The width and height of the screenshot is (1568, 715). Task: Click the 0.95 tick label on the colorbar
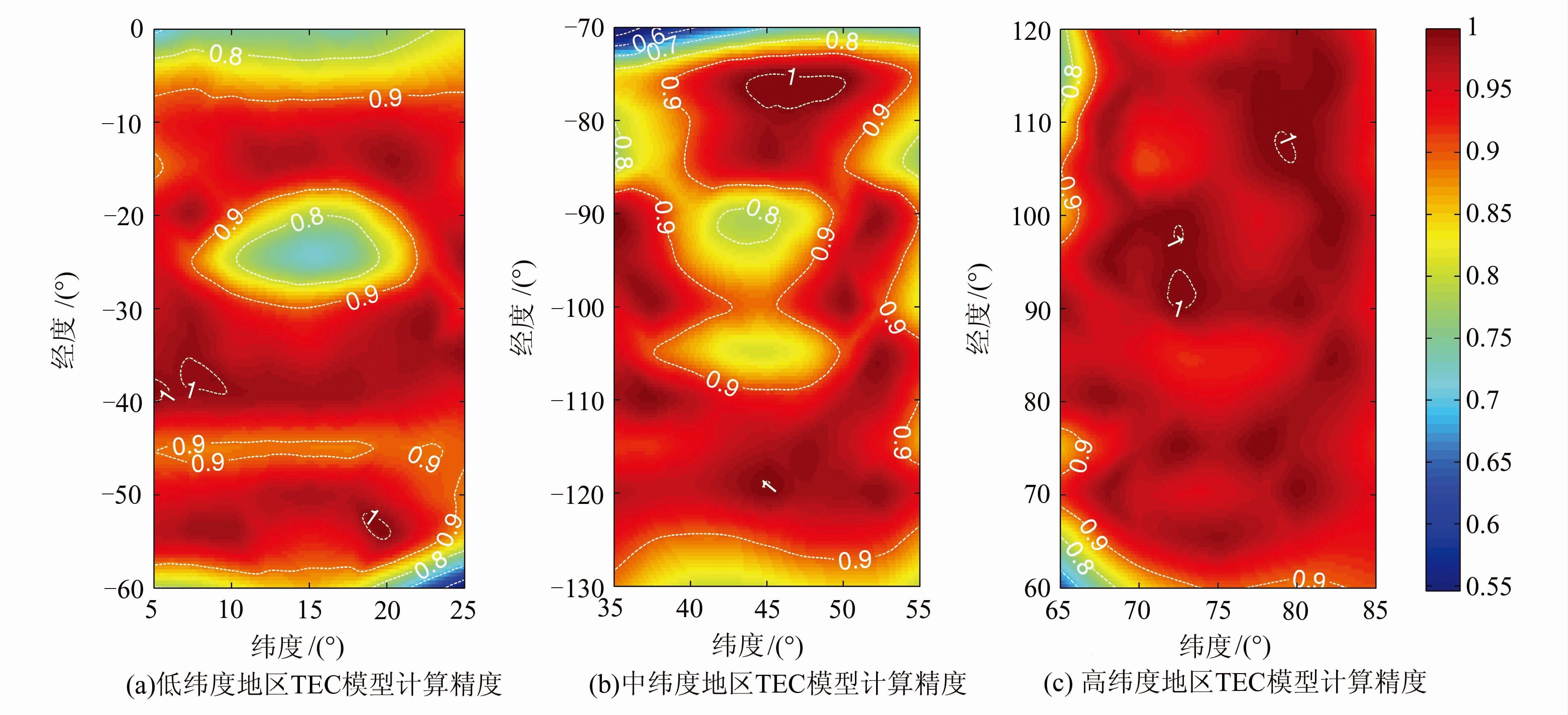[x=1488, y=90]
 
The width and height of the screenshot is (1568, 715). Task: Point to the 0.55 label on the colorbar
[x=1488, y=586]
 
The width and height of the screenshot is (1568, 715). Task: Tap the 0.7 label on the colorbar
[x=1482, y=400]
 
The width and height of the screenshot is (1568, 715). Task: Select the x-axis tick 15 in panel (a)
[x=309, y=610]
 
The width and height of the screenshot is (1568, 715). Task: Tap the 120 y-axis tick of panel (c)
[x=1031, y=31]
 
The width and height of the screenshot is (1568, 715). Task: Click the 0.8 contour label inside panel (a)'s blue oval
[x=307, y=219]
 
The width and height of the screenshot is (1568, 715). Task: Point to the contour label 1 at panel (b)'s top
[x=791, y=77]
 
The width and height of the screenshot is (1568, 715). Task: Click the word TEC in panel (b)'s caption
[x=780, y=684]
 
